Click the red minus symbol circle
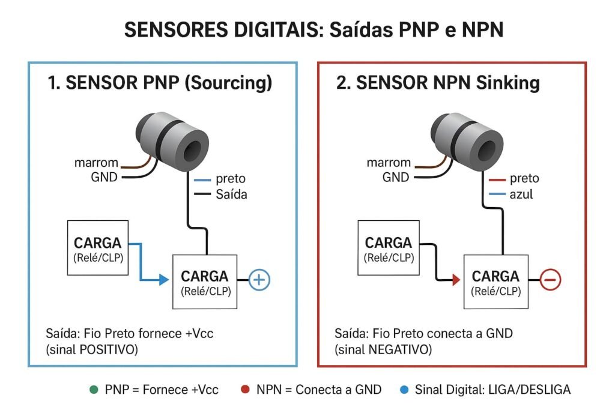click(551, 280)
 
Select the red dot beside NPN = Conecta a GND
click(244, 390)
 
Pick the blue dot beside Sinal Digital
click(403, 390)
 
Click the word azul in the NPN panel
click(522, 194)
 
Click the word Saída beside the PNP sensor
click(231, 194)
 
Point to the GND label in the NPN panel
click(395, 177)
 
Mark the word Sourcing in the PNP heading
click(235, 83)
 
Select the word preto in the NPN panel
click(524, 178)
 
